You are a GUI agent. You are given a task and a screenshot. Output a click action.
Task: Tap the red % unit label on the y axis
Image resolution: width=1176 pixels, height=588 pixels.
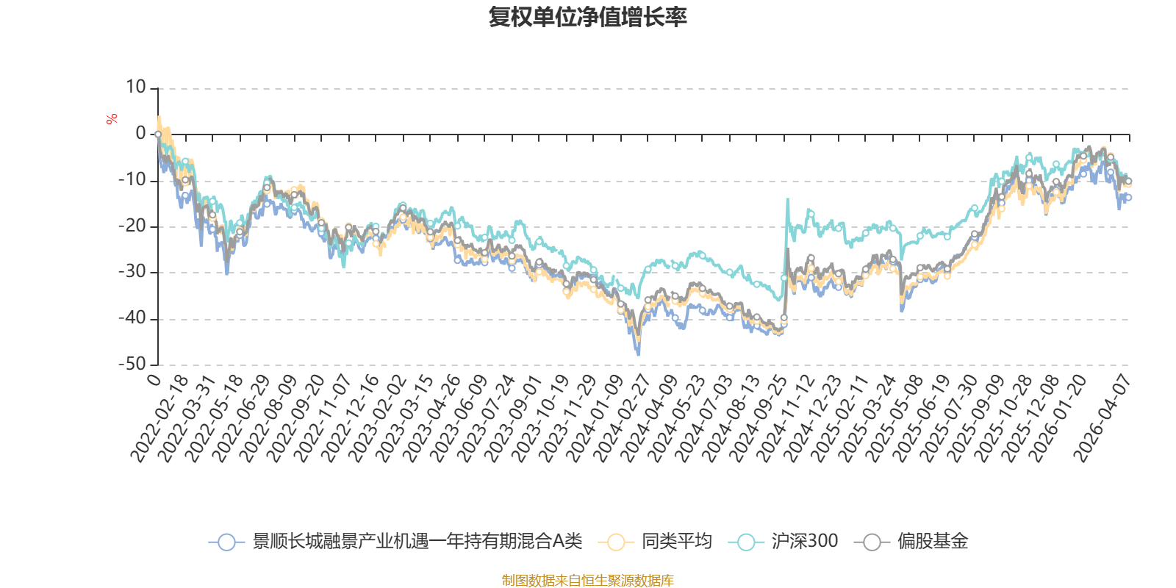point(112,119)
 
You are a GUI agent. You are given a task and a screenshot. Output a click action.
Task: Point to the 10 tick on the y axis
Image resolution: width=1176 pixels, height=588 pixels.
point(136,87)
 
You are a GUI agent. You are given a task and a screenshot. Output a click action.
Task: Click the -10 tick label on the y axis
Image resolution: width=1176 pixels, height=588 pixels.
point(132,180)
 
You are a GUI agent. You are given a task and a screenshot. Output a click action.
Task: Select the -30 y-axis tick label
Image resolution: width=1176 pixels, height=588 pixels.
point(132,272)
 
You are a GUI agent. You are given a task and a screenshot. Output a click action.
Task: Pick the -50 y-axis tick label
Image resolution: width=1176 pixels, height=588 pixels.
point(132,364)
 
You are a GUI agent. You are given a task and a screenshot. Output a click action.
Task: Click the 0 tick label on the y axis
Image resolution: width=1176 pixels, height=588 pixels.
point(140,134)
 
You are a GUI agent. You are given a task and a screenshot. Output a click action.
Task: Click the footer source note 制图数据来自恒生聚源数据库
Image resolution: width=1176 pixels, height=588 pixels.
point(588,581)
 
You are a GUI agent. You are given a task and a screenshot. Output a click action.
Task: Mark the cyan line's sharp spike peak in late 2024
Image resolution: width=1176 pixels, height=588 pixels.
point(787,198)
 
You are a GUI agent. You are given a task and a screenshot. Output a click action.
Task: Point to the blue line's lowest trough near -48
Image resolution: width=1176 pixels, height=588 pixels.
point(638,355)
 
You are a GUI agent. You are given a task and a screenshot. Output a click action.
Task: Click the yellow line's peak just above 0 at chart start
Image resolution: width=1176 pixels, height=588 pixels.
point(159,116)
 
